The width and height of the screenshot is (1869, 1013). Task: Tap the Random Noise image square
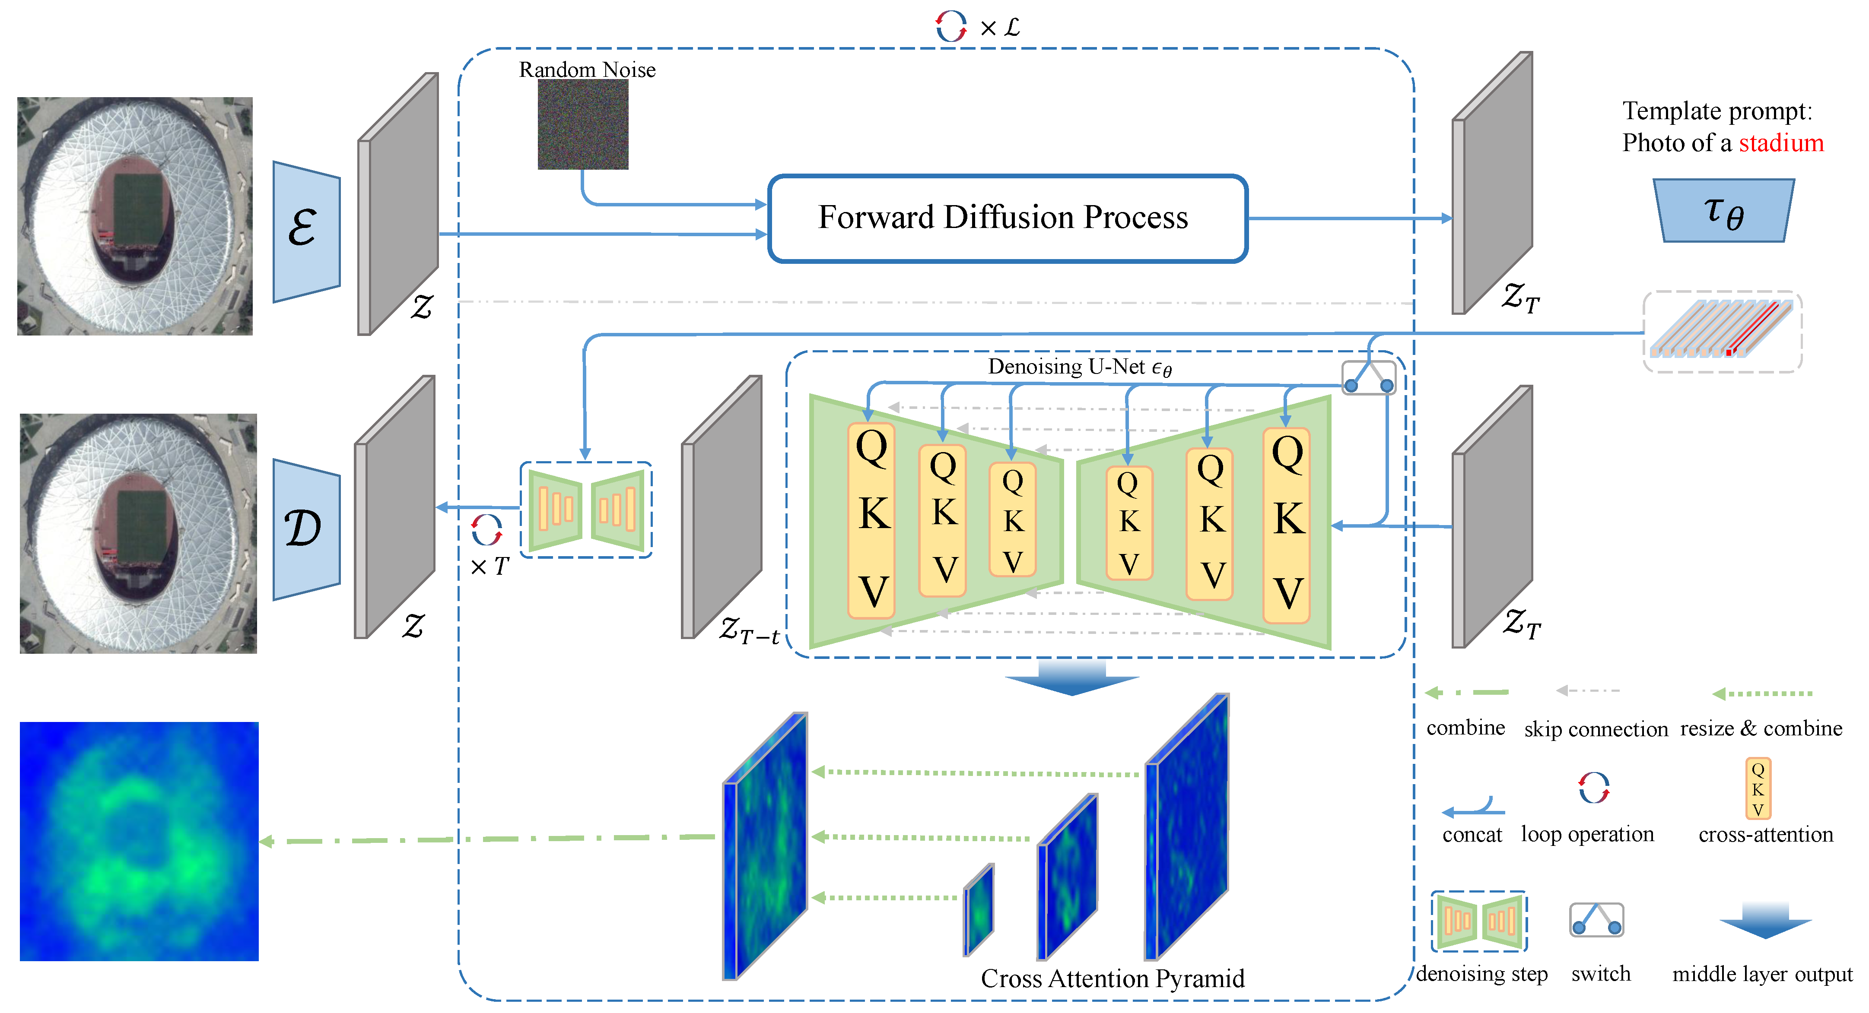click(x=583, y=125)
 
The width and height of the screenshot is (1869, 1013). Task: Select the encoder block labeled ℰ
click(x=305, y=231)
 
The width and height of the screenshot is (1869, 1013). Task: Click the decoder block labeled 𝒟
click(x=305, y=529)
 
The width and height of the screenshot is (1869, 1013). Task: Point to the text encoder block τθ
click(x=1723, y=211)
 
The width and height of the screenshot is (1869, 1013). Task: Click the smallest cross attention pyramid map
click(x=979, y=910)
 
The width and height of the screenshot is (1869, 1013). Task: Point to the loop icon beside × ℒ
click(x=950, y=27)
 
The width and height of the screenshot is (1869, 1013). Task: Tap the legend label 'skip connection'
click(x=1596, y=729)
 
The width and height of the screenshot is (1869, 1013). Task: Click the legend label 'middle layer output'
click(x=1761, y=974)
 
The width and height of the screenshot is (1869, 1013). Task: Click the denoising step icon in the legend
click(x=1479, y=921)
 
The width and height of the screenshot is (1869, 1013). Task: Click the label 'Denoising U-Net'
click(x=1079, y=367)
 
